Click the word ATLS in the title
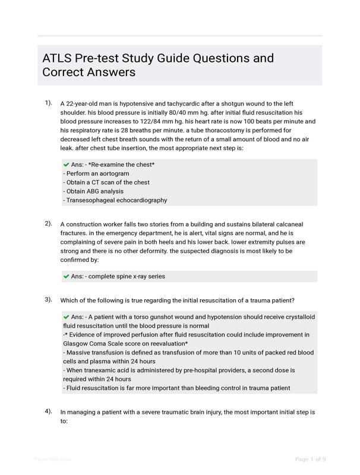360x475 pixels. [58, 58]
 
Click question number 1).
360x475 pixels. [48, 103]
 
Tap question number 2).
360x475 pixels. [48, 224]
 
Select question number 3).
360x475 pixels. [48, 299]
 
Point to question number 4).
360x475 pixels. [48, 411]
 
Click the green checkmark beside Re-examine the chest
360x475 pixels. [66, 164]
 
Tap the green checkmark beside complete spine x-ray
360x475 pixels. [66, 276]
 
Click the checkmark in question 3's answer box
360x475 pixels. [66, 317]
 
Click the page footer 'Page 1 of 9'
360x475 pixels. [310, 459]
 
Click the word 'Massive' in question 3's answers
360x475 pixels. [78, 353]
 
